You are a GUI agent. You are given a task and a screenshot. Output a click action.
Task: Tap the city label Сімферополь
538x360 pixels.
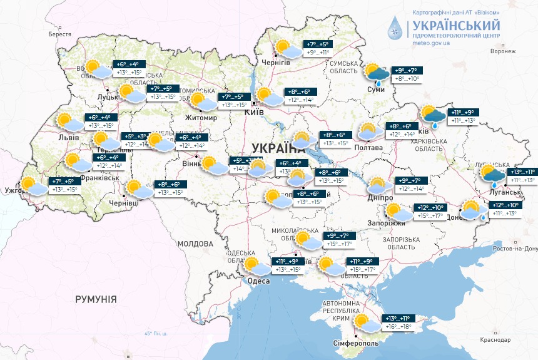(x=355, y=343)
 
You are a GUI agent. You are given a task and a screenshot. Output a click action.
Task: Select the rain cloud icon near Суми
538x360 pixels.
(x=377, y=74)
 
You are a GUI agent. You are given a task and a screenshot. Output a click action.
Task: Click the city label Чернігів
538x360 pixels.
(x=275, y=63)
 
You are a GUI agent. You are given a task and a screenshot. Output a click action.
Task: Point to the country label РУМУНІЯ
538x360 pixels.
(x=96, y=300)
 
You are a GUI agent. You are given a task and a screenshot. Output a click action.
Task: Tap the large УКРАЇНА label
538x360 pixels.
(x=278, y=148)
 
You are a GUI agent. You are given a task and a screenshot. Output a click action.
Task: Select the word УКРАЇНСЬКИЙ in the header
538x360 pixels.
(x=455, y=26)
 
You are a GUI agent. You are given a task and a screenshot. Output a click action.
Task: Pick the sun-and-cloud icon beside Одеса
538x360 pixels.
(x=255, y=265)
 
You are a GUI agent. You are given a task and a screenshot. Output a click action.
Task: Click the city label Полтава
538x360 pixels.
(x=369, y=147)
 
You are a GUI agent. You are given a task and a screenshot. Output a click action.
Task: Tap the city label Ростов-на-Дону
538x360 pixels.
(x=514, y=249)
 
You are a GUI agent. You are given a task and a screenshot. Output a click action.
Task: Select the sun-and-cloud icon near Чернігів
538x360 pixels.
(x=285, y=48)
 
